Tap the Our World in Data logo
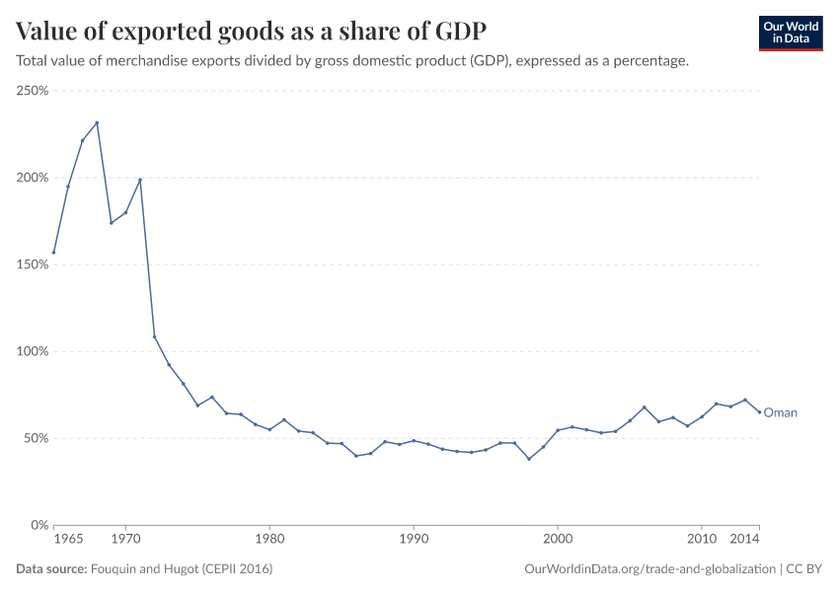pos(791,33)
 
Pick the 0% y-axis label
pos(39,525)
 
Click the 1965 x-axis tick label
pos(67,541)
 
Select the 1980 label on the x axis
pos(269,541)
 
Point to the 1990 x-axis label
pos(414,541)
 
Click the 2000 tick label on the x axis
pos(558,541)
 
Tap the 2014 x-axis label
pos(745,541)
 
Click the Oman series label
pos(780,413)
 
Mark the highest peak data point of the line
pos(97,122)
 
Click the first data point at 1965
pos(53,253)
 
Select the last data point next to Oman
pos(759,412)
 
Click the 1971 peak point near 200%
pos(140,180)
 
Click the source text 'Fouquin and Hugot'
pos(181,569)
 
